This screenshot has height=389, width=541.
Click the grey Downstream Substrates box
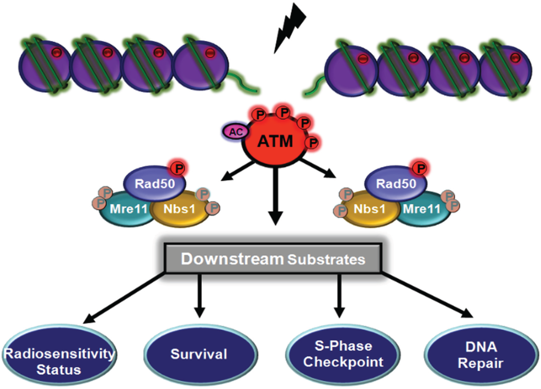(x=273, y=260)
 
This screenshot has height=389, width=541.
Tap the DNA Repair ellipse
(x=477, y=354)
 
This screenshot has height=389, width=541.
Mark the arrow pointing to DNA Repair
(x=428, y=296)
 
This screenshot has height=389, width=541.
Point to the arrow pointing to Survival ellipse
(x=199, y=296)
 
